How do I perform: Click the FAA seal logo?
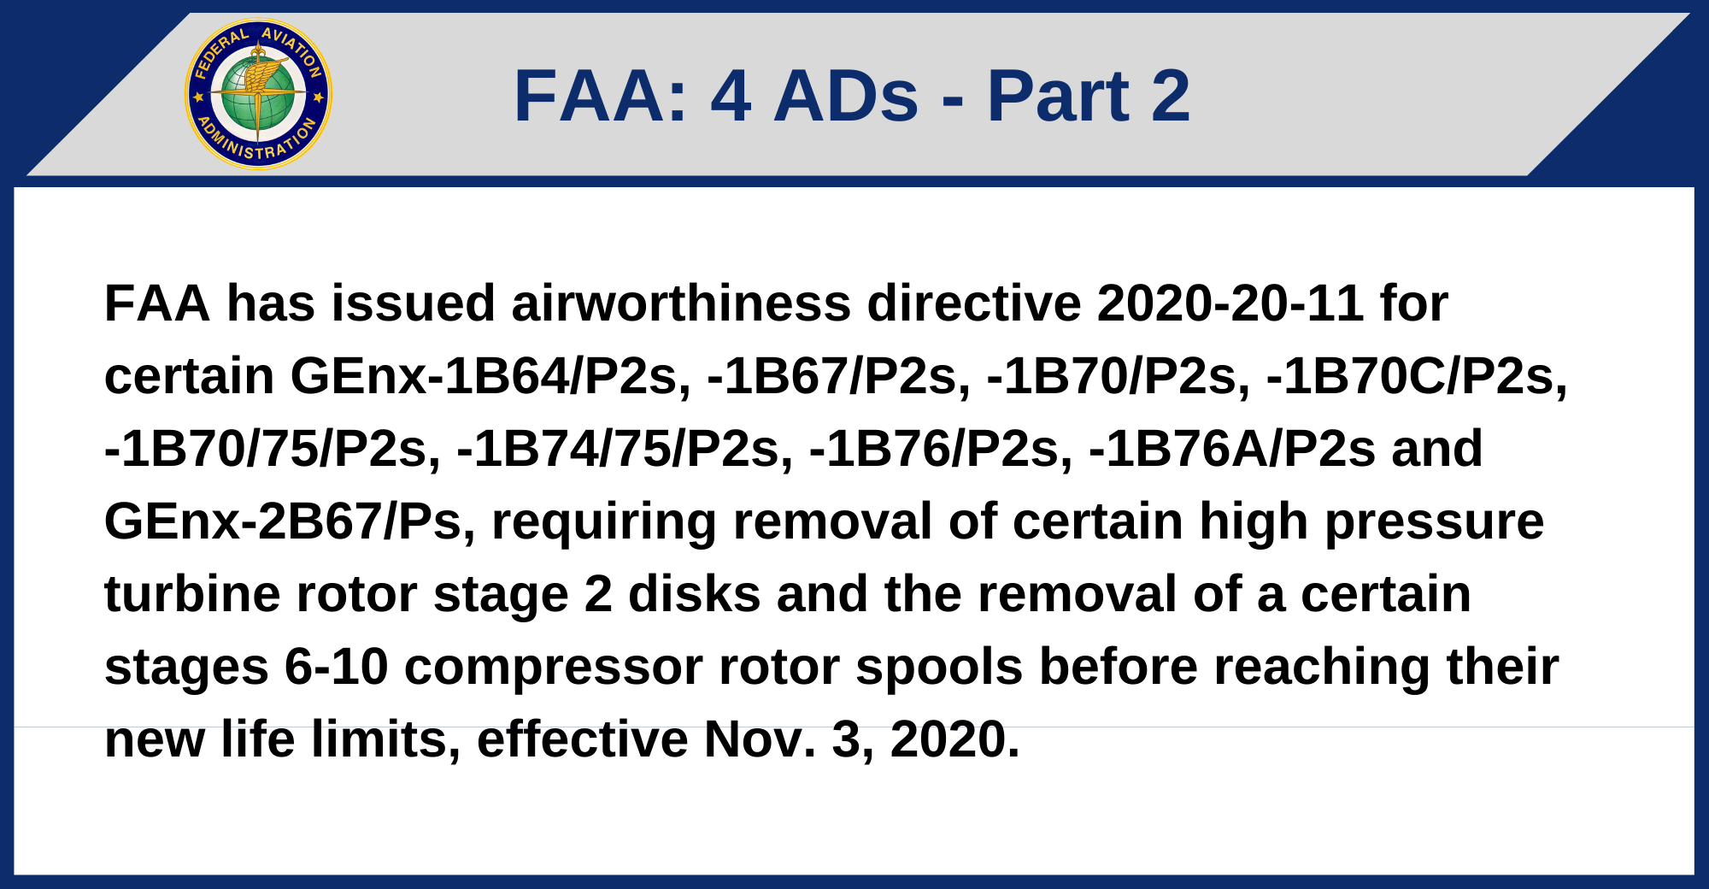259,94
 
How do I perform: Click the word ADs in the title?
846,96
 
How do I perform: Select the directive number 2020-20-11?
1230,303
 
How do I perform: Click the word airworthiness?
681,303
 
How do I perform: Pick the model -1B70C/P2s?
1418,376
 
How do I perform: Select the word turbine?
192,594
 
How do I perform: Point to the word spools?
940,668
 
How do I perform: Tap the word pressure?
1435,523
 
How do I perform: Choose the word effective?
583,739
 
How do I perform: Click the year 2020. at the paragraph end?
955,739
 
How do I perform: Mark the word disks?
695,594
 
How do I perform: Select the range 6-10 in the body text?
337,667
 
